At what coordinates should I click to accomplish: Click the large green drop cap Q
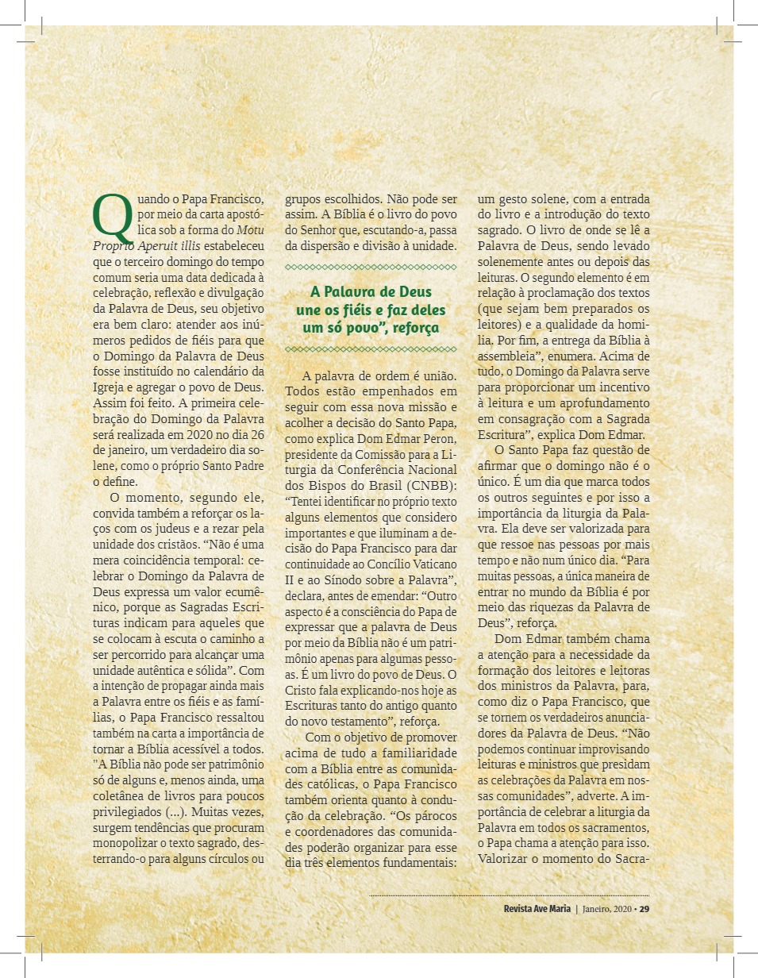(x=111, y=218)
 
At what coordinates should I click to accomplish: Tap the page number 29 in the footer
(x=644, y=909)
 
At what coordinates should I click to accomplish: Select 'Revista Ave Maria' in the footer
(x=536, y=909)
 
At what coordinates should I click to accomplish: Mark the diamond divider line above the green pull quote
(x=371, y=266)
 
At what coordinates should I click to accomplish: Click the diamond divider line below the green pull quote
(x=371, y=349)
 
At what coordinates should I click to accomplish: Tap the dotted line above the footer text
(x=508, y=895)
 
